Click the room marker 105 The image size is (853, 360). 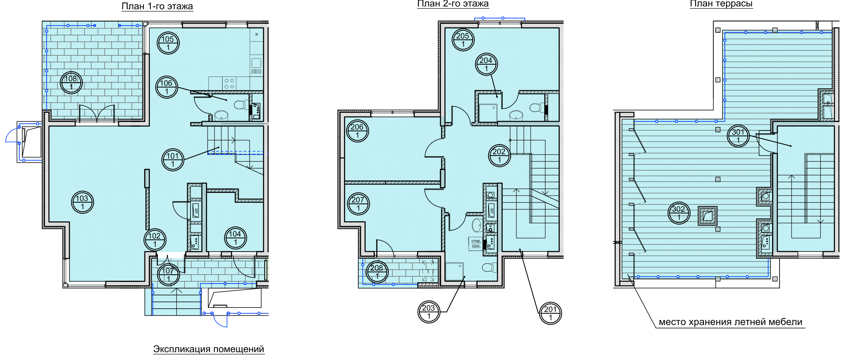168,43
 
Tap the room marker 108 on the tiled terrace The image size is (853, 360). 71,83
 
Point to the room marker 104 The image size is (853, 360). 236,238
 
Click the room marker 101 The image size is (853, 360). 173,160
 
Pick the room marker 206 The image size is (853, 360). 357,131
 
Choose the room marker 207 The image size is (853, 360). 358,204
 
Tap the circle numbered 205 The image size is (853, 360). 463,40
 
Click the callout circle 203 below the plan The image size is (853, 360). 429,312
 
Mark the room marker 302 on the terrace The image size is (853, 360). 679,213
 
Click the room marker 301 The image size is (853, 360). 738,136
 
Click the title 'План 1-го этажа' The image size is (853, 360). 157,6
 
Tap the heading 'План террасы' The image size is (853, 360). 721,4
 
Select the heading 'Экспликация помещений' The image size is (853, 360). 209,349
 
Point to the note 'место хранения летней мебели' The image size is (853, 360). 731,322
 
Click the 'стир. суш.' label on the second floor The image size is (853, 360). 476,243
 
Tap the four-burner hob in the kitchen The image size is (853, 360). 229,84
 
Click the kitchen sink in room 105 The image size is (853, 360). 256,63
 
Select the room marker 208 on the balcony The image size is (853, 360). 377,272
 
